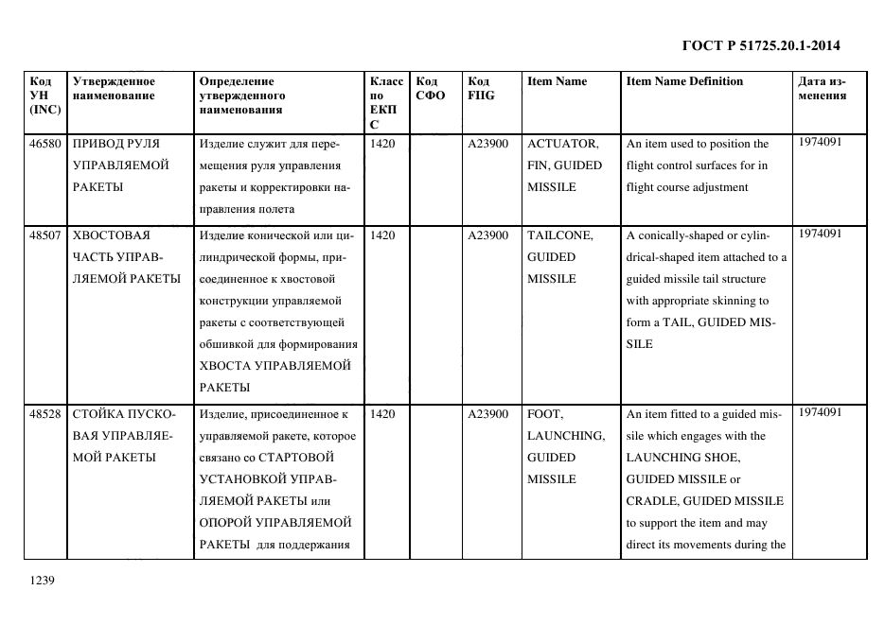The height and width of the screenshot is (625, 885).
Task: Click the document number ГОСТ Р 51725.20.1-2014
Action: [x=760, y=45]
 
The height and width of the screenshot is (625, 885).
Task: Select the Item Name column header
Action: [x=557, y=81]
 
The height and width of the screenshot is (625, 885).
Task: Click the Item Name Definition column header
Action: [x=684, y=81]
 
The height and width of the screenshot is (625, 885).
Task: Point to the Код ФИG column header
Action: [x=481, y=88]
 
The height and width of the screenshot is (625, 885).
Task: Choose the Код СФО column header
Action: [x=430, y=88]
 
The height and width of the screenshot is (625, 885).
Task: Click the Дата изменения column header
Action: [x=822, y=88]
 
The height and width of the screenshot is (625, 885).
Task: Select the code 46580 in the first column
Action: [x=45, y=144]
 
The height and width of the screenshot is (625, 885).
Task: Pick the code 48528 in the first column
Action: [x=45, y=414]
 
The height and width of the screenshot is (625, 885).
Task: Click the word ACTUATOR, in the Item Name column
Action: [x=562, y=144]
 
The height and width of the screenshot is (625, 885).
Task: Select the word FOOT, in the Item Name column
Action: [x=544, y=414]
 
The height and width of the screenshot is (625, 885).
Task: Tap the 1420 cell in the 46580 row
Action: [x=383, y=144]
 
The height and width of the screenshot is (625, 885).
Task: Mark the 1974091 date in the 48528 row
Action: [x=820, y=412]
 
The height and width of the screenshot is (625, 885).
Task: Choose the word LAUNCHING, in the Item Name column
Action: [x=565, y=436]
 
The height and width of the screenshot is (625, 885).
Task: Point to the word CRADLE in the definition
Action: [x=651, y=501]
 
